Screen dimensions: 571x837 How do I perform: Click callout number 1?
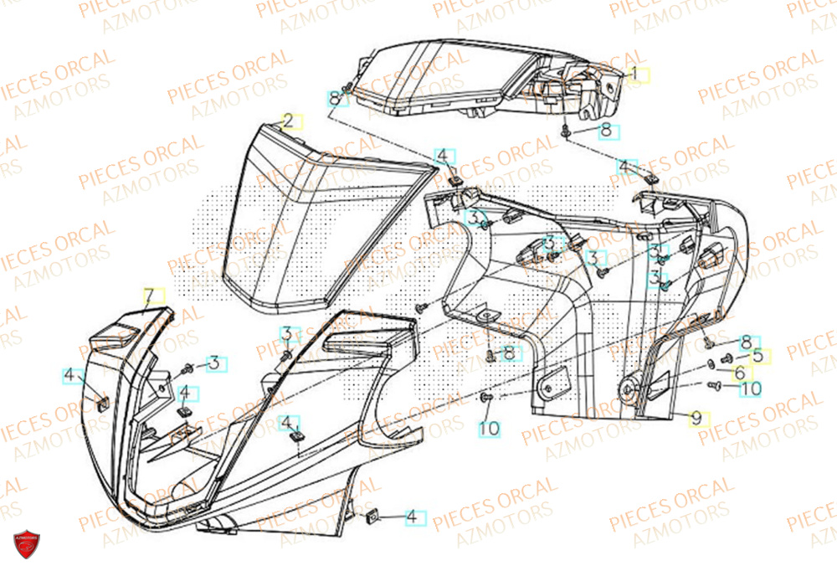[634, 74]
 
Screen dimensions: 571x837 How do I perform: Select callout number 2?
[287, 121]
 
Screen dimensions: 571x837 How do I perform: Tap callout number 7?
[149, 296]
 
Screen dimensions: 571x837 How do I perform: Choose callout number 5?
[757, 355]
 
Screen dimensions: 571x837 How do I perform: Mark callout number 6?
[739, 372]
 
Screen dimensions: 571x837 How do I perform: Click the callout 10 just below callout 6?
[751, 388]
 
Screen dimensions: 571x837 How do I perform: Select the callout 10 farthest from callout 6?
[489, 428]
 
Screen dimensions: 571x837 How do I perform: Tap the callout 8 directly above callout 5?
[746, 341]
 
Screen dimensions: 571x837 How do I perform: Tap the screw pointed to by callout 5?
[724, 359]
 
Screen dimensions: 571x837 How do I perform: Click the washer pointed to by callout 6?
[711, 363]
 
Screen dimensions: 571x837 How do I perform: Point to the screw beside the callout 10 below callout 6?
[714, 385]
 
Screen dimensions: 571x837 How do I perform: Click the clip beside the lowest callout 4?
[372, 515]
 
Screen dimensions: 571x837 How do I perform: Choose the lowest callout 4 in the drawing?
[412, 517]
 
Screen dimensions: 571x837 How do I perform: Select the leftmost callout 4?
[69, 376]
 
